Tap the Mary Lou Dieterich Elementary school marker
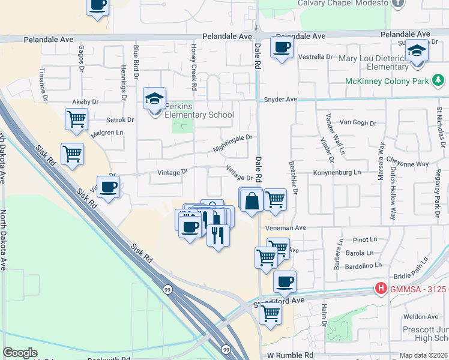tap(416, 52)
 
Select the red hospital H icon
tap(380, 289)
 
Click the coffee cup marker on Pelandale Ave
tap(281, 47)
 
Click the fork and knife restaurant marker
tap(218, 235)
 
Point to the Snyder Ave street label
tap(280, 100)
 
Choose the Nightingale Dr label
tap(232, 143)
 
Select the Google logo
tap(20, 353)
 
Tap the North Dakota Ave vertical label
tap(4, 240)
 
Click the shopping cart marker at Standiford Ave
tap(270, 313)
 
